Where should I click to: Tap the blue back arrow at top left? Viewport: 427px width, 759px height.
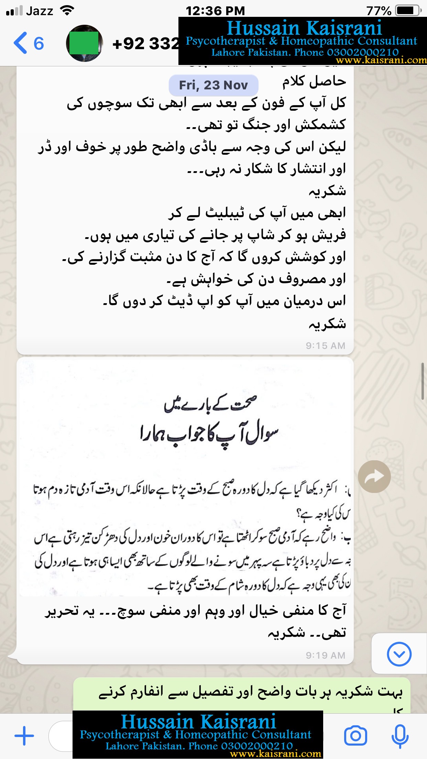click(20, 43)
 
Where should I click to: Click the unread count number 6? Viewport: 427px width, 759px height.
click(39, 44)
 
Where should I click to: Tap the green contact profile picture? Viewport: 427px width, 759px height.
click(84, 43)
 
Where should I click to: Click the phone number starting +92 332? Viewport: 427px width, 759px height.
click(145, 44)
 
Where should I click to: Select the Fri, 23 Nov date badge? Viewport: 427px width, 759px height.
click(213, 85)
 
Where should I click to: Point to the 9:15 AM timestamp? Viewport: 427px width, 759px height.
click(325, 345)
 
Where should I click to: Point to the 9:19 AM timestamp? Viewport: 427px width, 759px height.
click(325, 655)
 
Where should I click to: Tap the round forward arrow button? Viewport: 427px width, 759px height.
click(374, 476)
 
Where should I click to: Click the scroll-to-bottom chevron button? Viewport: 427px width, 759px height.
click(399, 654)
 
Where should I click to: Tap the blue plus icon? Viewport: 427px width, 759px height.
click(24, 736)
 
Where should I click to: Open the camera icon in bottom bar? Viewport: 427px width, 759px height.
click(355, 736)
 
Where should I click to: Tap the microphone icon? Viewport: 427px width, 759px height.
click(400, 736)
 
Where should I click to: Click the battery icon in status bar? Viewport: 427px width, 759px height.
click(408, 11)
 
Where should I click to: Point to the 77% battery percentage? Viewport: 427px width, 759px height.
click(379, 11)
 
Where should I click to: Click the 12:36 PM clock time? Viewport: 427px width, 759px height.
click(215, 11)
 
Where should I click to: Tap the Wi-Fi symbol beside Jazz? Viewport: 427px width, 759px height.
click(67, 11)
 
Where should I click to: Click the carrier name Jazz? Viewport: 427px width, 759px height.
click(40, 11)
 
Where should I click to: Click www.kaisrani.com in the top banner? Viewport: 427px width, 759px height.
click(381, 60)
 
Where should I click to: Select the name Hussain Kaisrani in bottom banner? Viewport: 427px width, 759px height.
click(198, 722)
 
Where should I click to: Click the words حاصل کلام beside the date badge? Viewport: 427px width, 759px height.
click(314, 81)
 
